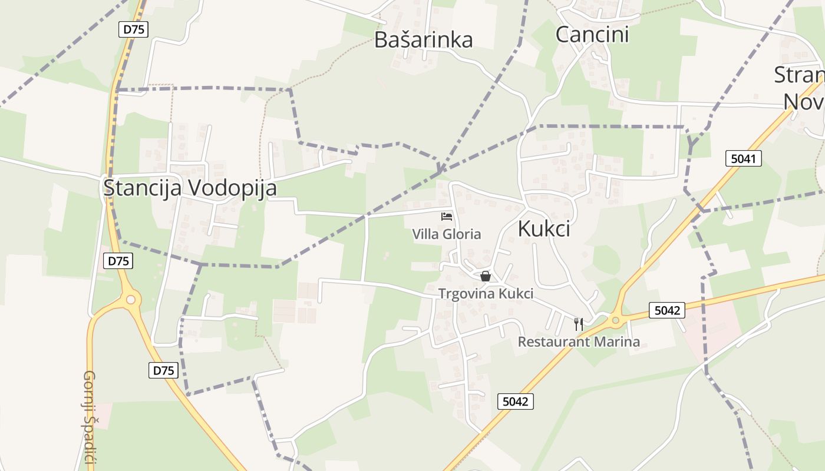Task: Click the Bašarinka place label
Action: click(423, 39)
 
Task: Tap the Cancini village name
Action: click(592, 34)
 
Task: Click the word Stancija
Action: click(144, 188)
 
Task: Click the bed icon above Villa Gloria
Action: click(447, 216)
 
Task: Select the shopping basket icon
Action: click(485, 276)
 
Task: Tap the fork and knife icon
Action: click(579, 324)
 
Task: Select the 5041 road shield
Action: click(744, 158)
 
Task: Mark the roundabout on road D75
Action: click(131, 300)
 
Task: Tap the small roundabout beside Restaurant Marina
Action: click(616, 321)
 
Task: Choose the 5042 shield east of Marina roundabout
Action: click(667, 310)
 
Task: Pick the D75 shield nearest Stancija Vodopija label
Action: click(118, 261)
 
